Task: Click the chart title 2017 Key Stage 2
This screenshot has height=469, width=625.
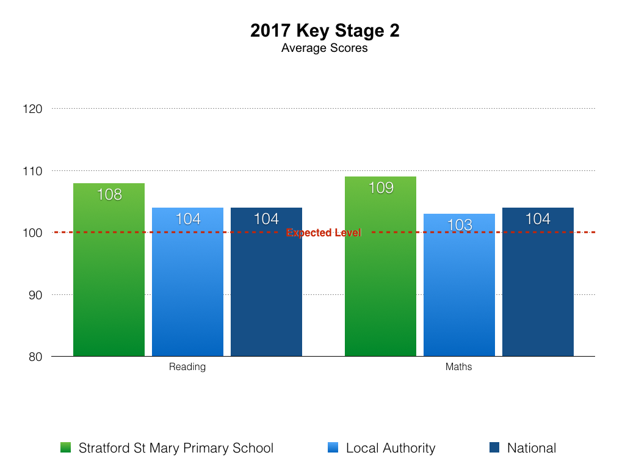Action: (x=325, y=31)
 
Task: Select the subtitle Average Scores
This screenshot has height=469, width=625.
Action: (x=325, y=48)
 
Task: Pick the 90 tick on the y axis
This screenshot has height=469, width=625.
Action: (x=34, y=295)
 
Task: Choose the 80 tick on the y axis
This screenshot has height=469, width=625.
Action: (x=34, y=357)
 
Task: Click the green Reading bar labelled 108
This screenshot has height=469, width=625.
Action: (x=109, y=275)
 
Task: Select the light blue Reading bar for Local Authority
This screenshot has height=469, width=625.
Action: (x=187, y=287)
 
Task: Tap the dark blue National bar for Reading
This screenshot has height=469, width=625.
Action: (x=266, y=287)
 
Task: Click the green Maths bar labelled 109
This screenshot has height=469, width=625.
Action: (x=380, y=275)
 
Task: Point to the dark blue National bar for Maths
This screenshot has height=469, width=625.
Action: (x=538, y=287)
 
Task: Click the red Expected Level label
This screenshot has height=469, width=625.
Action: (x=323, y=233)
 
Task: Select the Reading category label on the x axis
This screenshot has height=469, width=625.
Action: (x=187, y=367)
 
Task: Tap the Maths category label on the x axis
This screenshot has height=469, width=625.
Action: (x=459, y=367)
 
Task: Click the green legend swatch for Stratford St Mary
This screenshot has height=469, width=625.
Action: (x=66, y=448)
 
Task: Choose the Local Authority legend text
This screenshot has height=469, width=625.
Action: (x=391, y=448)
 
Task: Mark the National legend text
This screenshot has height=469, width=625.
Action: (x=532, y=448)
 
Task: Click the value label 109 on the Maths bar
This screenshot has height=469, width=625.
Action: (x=381, y=187)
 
